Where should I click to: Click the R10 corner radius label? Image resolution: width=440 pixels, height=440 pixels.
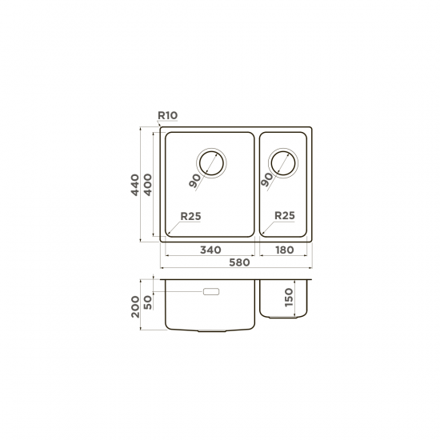click(168, 115)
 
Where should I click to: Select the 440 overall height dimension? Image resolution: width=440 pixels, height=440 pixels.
click(135, 185)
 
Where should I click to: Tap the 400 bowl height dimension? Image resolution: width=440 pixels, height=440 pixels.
click(148, 185)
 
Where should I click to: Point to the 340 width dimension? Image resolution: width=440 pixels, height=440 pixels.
click(210, 250)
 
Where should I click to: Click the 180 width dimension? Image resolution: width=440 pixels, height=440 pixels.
click(285, 250)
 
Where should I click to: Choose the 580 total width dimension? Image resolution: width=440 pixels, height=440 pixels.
click(239, 262)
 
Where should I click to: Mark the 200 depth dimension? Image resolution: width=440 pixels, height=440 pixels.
click(135, 306)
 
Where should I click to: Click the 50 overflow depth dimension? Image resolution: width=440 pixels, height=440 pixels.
click(148, 302)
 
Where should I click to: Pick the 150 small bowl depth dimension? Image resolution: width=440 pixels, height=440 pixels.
click(289, 298)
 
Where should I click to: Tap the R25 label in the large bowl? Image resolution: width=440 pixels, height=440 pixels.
click(191, 216)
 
